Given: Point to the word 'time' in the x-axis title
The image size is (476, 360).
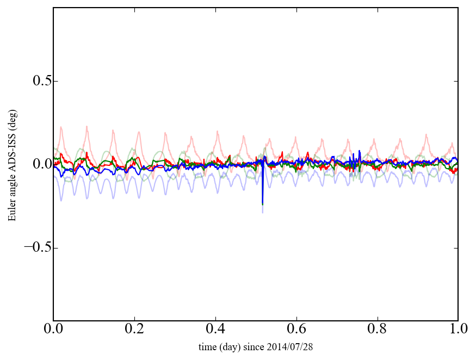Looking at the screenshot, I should point(207,346).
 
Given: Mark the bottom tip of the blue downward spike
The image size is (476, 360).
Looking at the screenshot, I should point(263,212).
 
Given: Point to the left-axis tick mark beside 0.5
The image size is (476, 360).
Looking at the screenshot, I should point(55,81).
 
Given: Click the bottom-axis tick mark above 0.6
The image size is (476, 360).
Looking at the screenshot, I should point(296,319).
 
